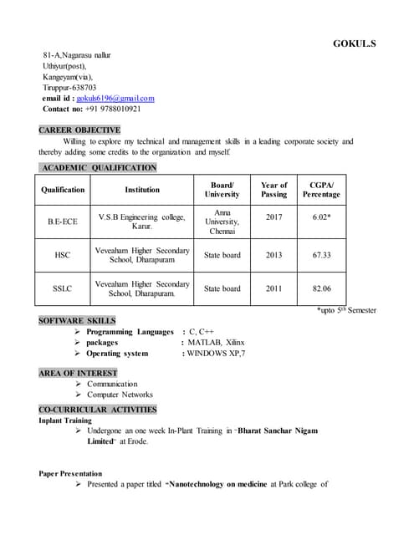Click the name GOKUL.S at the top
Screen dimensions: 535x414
(355, 43)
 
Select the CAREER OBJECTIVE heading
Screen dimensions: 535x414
(79, 130)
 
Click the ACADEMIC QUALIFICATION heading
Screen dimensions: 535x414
(97, 168)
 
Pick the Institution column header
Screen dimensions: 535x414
(142, 190)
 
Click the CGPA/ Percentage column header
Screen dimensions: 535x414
(321, 190)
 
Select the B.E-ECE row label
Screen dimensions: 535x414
(62, 222)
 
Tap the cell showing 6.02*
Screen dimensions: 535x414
(321, 217)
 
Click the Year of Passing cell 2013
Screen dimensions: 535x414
(273, 255)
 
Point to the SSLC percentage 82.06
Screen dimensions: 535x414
(321, 288)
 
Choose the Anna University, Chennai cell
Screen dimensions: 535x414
(222, 222)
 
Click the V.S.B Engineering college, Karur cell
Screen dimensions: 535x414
(142, 222)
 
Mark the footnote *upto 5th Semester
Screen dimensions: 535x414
(346, 310)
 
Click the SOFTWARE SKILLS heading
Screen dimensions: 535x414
(77, 321)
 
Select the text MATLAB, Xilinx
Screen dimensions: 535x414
(215, 343)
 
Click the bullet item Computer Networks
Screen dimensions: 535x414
(120, 395)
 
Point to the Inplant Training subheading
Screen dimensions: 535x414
(65, 420)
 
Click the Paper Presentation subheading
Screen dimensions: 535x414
(70, 473)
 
